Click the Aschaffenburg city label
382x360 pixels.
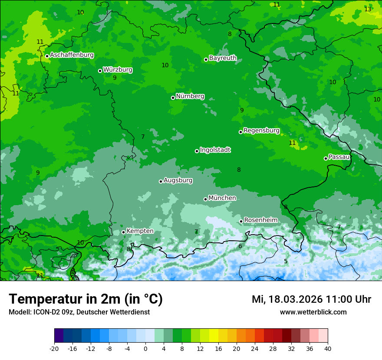click(x=72, y=55)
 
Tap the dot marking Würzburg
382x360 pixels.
click(x=100, y=71)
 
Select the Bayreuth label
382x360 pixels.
click(x=223, y=58)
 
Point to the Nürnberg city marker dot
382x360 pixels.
click(x=173, y=98)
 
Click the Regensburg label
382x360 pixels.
click(x=261, y=130)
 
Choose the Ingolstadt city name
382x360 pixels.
click(x=215, y=150)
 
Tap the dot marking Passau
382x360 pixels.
click(x=326, y=158)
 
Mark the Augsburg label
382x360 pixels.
click(x=178, y=180)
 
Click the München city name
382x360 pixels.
click(x=222, y=198)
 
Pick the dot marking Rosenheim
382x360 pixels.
click(x=241, y=221)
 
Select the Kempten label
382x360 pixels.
click(x=140, y=231)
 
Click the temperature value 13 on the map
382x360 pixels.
click(x=368, y=9)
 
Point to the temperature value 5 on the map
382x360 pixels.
click(x=286, y=261)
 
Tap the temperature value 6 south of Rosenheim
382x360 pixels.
click(x=240, y=246)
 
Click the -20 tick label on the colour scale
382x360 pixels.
click(x=54, y=348)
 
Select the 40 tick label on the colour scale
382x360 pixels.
click(x=328, y=348)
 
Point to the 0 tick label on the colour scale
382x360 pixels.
click(x=145, y=348)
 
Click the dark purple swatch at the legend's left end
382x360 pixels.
click(x=59, y=336)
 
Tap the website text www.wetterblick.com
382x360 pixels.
click(x=313, y=312)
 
